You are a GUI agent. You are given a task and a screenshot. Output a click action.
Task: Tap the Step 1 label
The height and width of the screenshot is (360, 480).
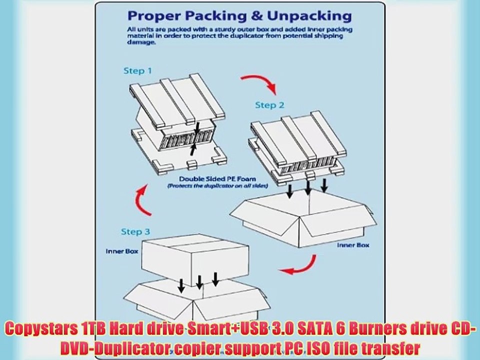137,71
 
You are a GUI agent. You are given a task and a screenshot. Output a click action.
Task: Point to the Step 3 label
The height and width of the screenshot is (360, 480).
135,231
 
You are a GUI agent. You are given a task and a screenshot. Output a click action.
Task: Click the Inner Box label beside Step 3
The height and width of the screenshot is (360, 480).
118,251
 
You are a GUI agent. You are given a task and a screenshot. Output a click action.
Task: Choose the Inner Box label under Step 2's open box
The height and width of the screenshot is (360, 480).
352,245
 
